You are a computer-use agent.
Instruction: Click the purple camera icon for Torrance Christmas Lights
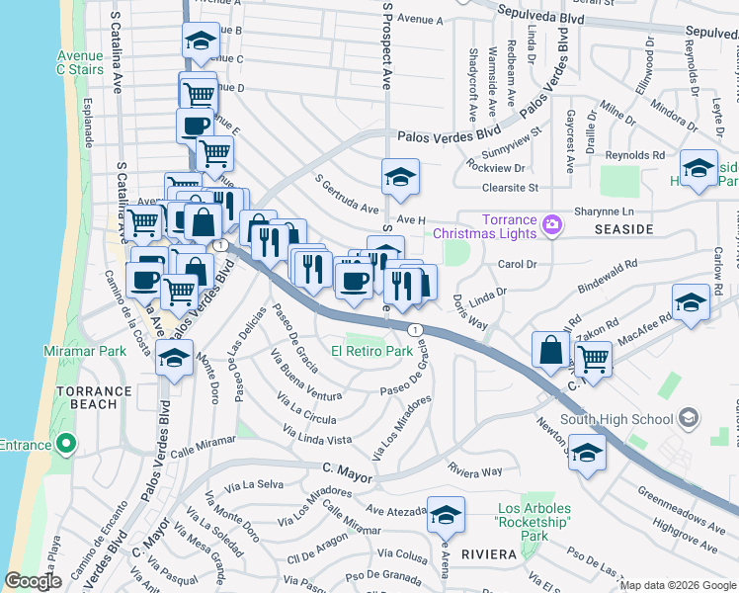[x=552, y=227]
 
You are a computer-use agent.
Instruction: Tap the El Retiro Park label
[x=371, y=351]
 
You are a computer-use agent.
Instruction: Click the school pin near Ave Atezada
[x=446, y=514]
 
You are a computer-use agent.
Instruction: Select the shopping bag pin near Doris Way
[x=550, y=350]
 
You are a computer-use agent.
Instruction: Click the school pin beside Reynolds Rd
[x=698, y=167]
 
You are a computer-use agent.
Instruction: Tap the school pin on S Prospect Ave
[x=400, y=177]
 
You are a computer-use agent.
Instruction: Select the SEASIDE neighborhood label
[x=624, y=229]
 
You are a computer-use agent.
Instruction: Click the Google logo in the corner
[x=33, y=581]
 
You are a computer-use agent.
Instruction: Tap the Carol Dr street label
[x=517, y=265]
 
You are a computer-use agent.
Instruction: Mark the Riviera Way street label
[x=475, y=470]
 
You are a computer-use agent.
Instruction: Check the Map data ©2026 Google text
[x=677, y=585]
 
